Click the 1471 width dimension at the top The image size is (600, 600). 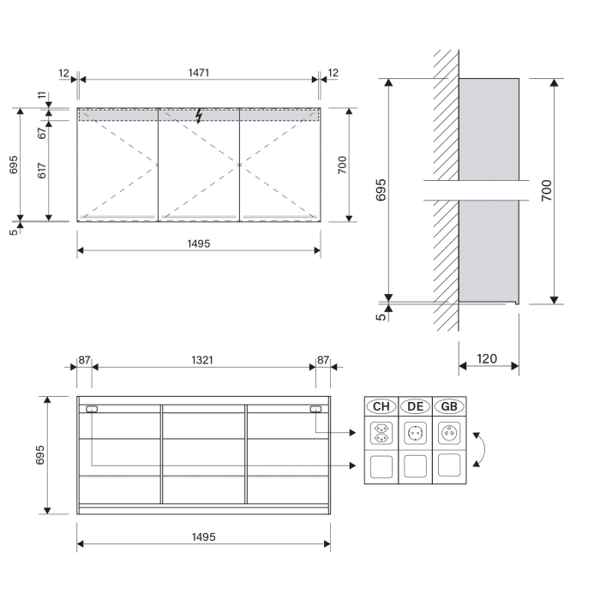point(198,73)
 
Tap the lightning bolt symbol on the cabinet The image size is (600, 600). point(199,115)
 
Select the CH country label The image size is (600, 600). point(381,406)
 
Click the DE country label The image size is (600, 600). point(415,406)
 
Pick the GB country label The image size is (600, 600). point(448,406)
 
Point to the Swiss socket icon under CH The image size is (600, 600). point(381,435)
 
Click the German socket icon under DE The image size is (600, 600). point(415,435)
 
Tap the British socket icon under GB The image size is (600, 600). point(448,434)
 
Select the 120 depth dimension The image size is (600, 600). point(487,358)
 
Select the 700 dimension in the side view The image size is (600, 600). point(547,190)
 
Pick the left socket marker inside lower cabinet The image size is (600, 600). point(92,410)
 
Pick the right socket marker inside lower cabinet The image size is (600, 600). point(316,410)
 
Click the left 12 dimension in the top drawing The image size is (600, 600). point(64,73)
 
